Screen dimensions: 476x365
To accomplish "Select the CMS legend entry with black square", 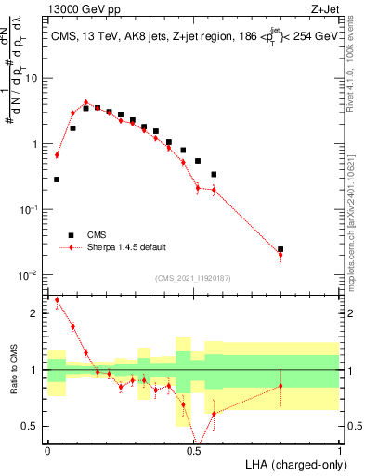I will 72,235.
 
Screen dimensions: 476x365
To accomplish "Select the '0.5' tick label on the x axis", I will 193,450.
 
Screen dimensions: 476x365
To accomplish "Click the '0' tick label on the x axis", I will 47,450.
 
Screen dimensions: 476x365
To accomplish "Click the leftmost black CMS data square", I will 57,179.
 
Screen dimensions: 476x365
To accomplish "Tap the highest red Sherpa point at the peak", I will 85,102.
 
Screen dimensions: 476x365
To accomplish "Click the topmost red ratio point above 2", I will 58,300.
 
